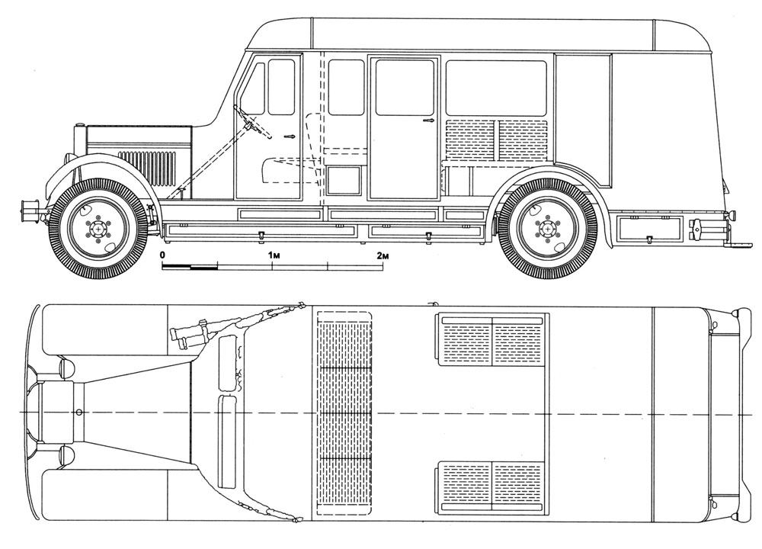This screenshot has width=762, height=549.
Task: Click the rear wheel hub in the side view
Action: [x=548, y=227]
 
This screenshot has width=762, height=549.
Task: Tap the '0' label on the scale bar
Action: [x=162, y=255]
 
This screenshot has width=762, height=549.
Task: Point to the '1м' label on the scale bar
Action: [x=274, y=255]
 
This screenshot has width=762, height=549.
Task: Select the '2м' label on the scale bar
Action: [x=384, y=255]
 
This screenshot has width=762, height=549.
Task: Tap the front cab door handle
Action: [x=290, y=136]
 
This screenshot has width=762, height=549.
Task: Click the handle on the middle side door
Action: [x=428, y=120]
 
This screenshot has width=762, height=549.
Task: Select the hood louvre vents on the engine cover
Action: [x=146, y=168]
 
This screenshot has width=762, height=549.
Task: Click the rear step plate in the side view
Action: [x=738, y=245]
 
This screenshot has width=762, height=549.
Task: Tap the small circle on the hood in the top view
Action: [x=79, y=413]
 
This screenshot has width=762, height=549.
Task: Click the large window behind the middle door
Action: [x=496, y=88]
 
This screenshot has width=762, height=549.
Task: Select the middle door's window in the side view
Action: [x=405, y=88]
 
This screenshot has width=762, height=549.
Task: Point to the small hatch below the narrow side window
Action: [x=344, y=181]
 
